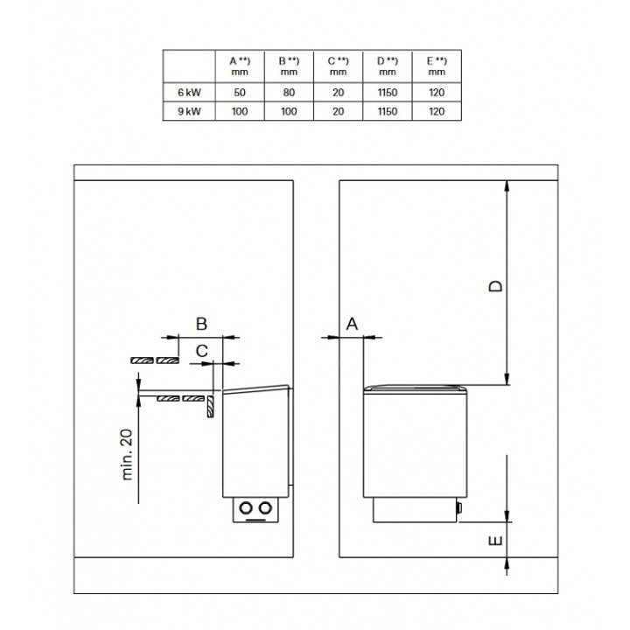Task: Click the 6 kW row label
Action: tap(189, 93)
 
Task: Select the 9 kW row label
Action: tap(189, 111)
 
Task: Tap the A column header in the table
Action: tap(240, 66)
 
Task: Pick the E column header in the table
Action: tap(437, 66)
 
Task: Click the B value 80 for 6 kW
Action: tap(289, 93)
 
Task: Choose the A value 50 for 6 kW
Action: tap(240, 93)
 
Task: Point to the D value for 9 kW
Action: tap(388, 111)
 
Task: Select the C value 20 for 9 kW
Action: tap(339, 111)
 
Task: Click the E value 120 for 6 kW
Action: tap(437, 93)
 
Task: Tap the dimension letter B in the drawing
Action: tap(201, 324)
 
